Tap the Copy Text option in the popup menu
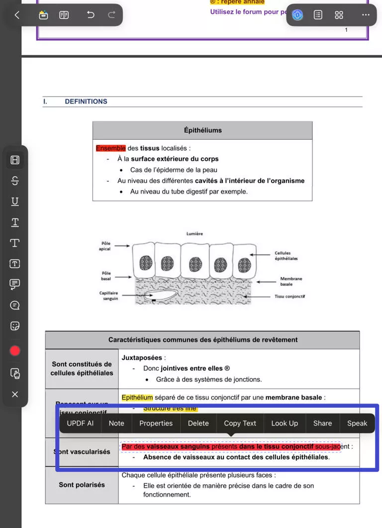click(240, 423)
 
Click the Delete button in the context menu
click(198, 423)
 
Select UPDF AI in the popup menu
click(80, 423)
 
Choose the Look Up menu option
click(285, 423)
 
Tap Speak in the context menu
click(357, 423)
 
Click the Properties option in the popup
click(156, 423)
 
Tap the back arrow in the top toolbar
click(17, 15)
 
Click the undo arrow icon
click(91, 15)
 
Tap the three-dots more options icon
click(366, 15)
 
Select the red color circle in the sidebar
click(15, 351)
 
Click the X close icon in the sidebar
click(15, 394)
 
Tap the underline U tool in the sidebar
click(15, 202)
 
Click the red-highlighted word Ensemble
click(110, 148)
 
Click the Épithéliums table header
click(202, 130)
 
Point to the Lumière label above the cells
click(194, 233)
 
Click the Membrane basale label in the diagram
click(291, 281)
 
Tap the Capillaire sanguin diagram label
click(109, 296)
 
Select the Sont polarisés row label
click(82, 485)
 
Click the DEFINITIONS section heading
click(86, 102)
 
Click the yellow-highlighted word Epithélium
click(137, 398)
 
